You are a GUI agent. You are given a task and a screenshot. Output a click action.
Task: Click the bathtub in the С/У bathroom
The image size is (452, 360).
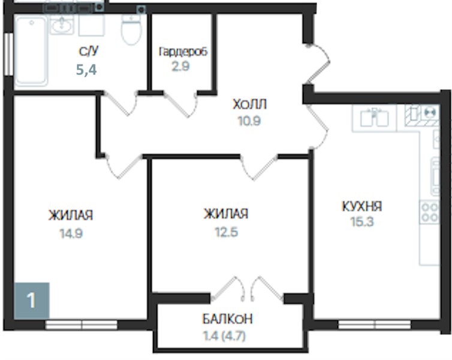[x=31, y=51]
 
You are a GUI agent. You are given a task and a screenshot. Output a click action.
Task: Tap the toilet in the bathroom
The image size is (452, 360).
[x=131, y=29]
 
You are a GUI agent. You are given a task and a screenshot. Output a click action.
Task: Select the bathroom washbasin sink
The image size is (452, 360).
[x=62, y=24]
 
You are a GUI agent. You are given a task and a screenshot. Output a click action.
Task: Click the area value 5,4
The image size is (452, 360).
[x=86, y=70]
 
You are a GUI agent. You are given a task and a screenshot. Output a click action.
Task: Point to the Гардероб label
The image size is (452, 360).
[x=183, y=52]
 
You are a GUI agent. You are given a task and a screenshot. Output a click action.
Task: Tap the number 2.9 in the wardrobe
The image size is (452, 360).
[x=181, y=67]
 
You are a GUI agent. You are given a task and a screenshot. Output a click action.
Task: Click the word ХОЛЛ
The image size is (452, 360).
[x=249, y=104]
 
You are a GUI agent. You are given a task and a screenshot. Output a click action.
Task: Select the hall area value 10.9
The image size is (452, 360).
[x=249, y=121]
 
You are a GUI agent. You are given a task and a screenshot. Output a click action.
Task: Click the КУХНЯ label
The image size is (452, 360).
[x=362, y=206]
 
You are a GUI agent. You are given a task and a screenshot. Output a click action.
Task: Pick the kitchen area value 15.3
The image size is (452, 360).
[x=362, y=222]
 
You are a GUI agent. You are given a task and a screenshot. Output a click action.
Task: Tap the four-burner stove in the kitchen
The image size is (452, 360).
[x=429, y=212]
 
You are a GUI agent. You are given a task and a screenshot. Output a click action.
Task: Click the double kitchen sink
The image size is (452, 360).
[x=374, y=118]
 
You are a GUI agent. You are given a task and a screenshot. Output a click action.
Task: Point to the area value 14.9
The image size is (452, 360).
[x=71, y=233]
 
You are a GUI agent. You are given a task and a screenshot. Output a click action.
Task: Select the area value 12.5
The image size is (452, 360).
[x=227, y=232]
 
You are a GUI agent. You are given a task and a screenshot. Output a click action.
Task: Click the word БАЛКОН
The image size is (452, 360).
[x=227, y=319]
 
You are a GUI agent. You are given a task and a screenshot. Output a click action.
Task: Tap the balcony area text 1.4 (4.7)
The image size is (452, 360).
[x=225, y=336]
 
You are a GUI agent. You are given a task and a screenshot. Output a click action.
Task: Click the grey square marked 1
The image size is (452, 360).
[x=32, y=301]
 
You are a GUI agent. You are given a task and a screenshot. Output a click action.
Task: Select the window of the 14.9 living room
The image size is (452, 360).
[x=82, y=325]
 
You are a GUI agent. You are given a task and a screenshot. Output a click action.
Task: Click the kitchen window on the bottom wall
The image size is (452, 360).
[x=375, y=325]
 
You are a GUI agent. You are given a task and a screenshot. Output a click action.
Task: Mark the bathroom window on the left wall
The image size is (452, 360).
[x=9, y=54]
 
